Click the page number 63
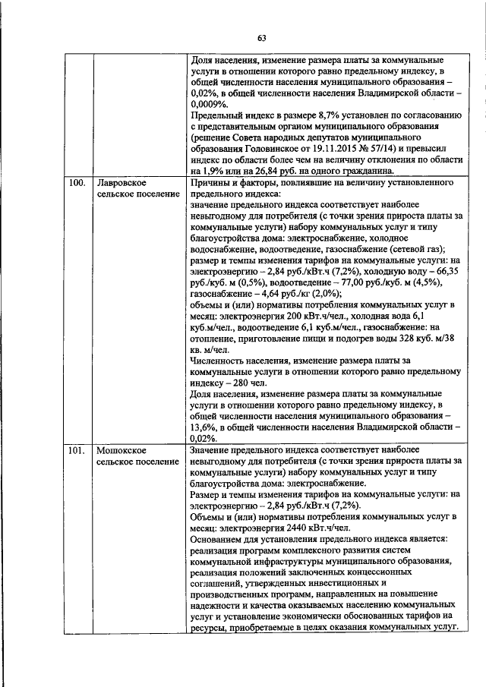(261, 38)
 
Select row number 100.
(76, 183)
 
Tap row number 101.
(75, 450)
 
